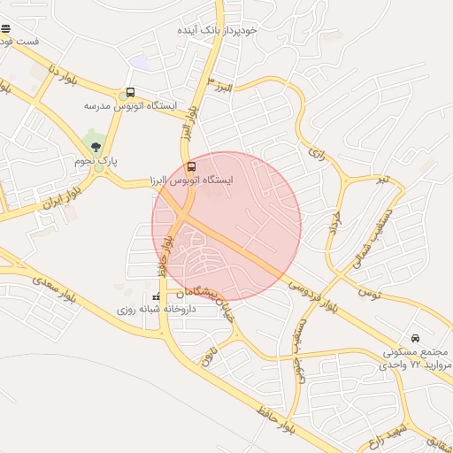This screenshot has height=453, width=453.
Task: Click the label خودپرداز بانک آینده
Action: [217, 30]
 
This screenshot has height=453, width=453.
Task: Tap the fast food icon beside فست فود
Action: [6, 27]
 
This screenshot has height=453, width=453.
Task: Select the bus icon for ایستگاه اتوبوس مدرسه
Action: [131, 92]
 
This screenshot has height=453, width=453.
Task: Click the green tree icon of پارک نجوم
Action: [96, 147]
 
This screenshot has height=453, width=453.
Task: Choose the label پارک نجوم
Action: [96, 161]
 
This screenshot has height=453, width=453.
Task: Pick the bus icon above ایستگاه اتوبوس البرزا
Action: [192, 165]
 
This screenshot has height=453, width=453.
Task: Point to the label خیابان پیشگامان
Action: [213, 301]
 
